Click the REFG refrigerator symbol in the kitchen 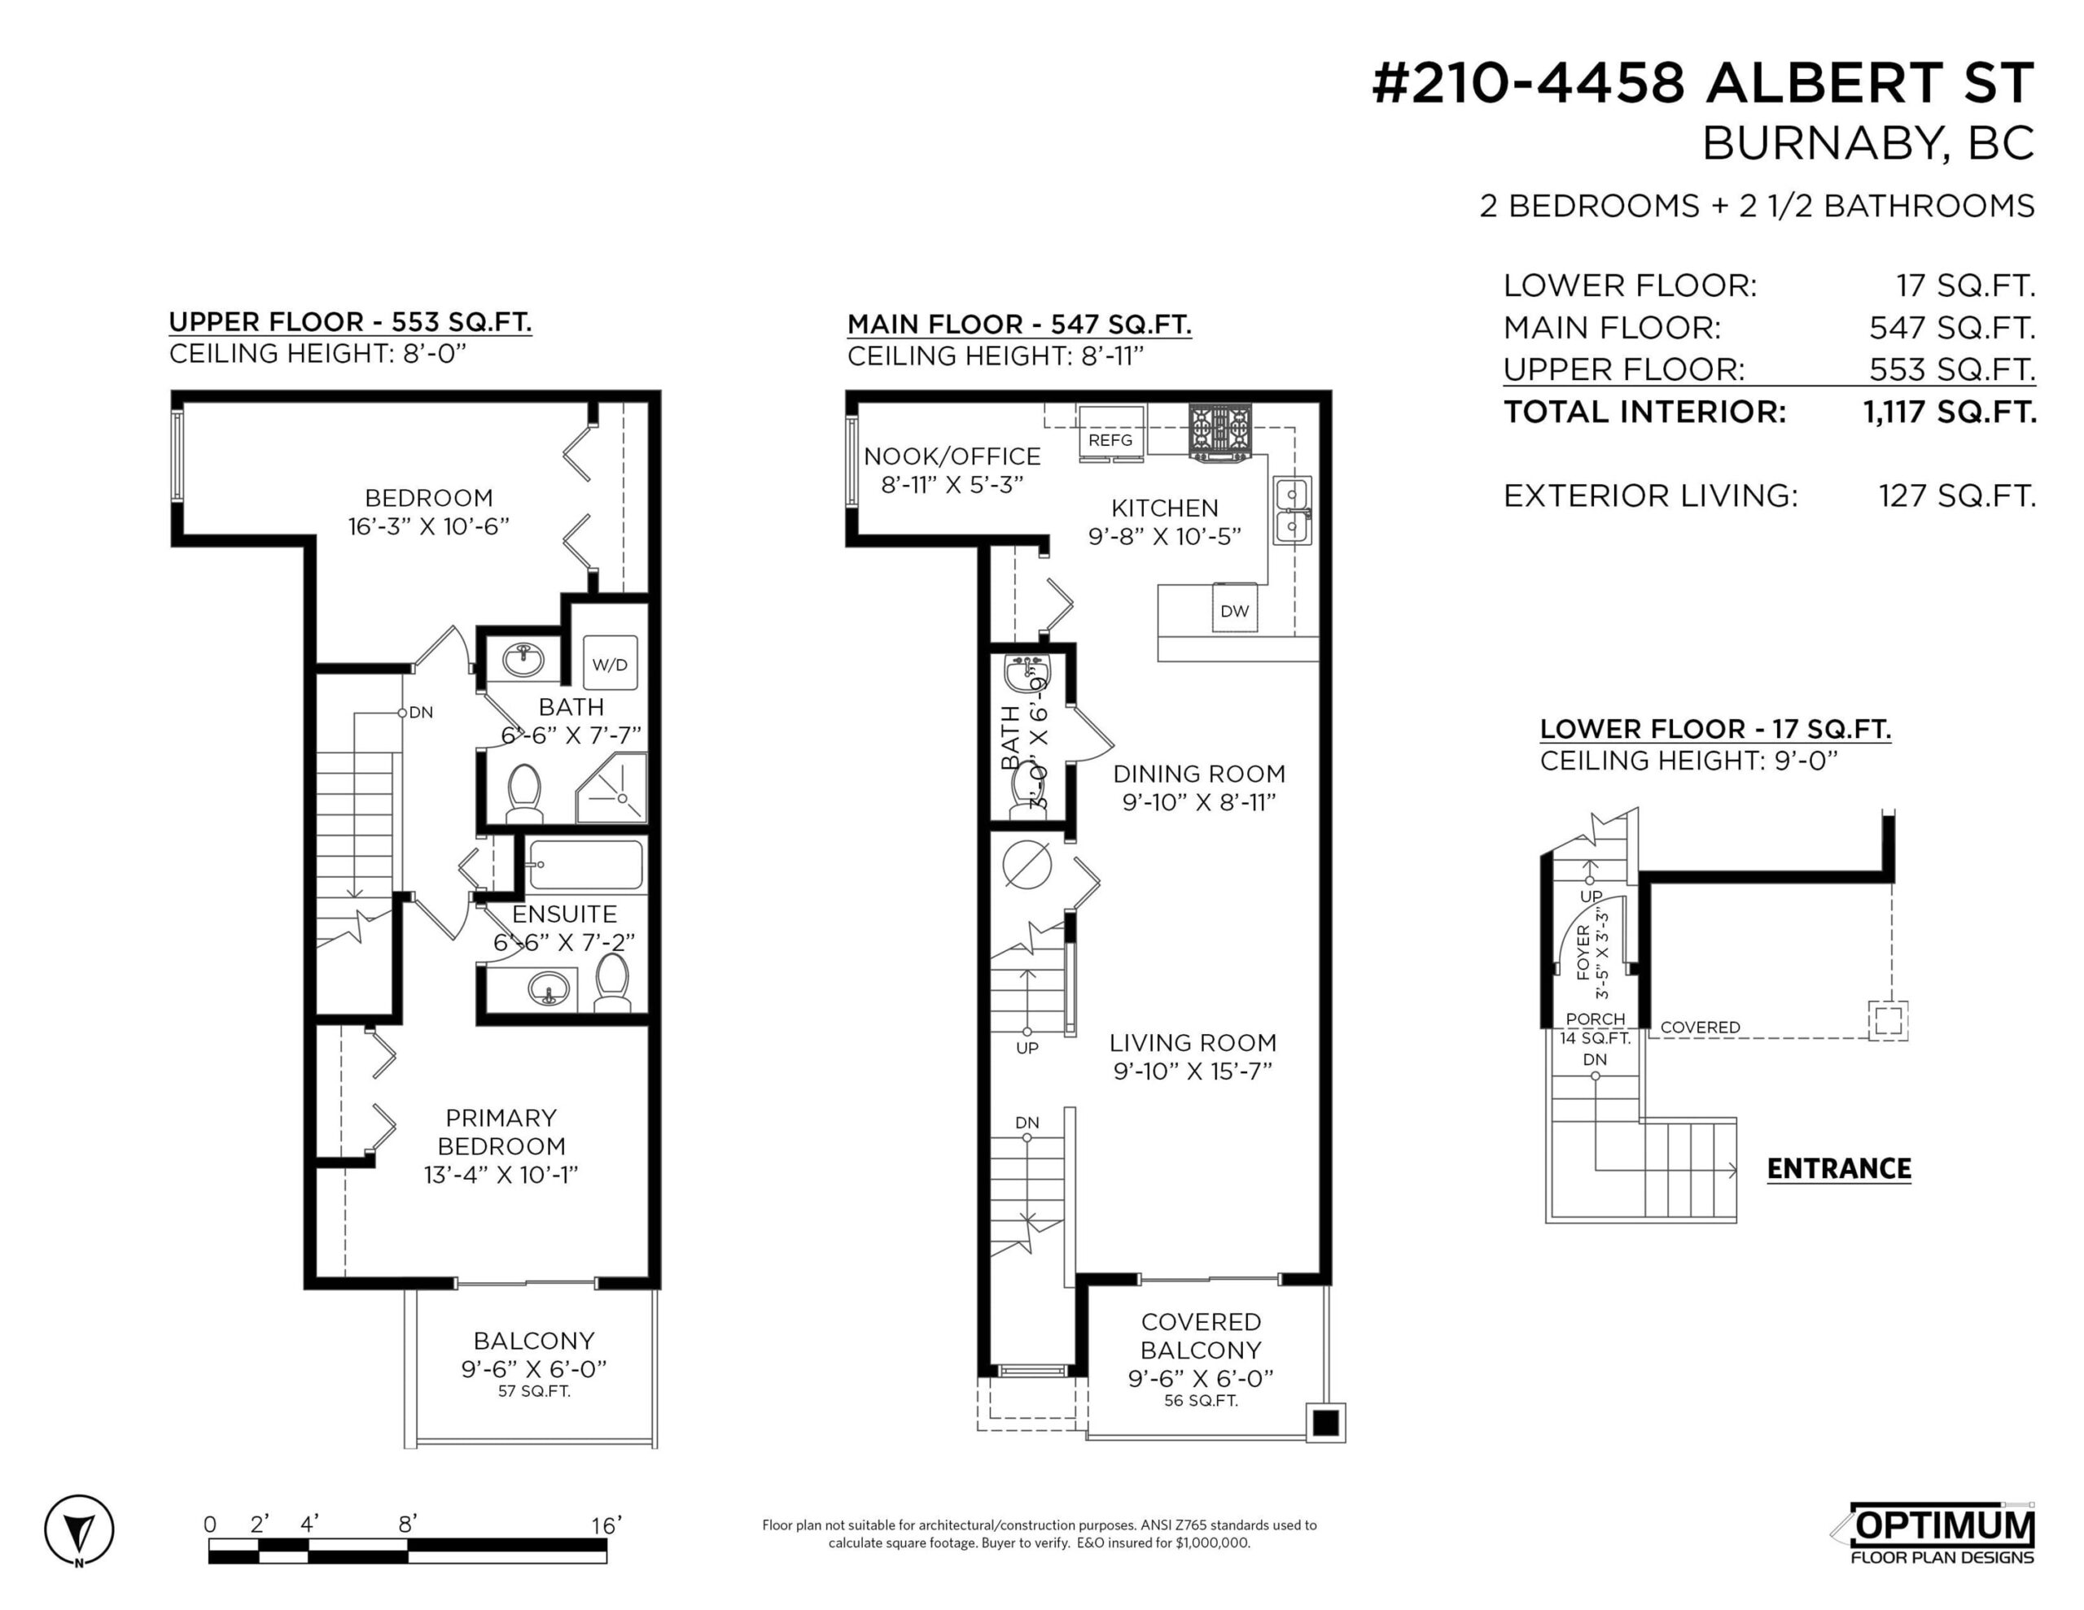pyautogui.click(x=1110, y=434)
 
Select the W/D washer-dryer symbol pyautogui.click(x=610, y=664)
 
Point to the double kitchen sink pyautogui.click(x=1293, y=511)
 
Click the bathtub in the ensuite pyautogui.click(x=585, y=865)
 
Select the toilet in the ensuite pyautogui.click(x=611, y=983)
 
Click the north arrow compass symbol pyautogui.click(x=79, y=1531)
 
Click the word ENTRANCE pyautogui.click(x=1838, y=1168)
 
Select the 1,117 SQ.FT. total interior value pyautogui.click(x=1950, y=412)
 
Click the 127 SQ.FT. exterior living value pyautogui.click(x=1956, y=496)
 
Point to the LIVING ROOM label pyautogui.click(x=1192, y=1042)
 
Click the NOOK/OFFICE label pyautogui.click(x=952, y=457)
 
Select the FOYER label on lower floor pyautogui.click(x=1584, y=951)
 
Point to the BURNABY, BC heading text pyautogui.click(x=1867, y=144)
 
